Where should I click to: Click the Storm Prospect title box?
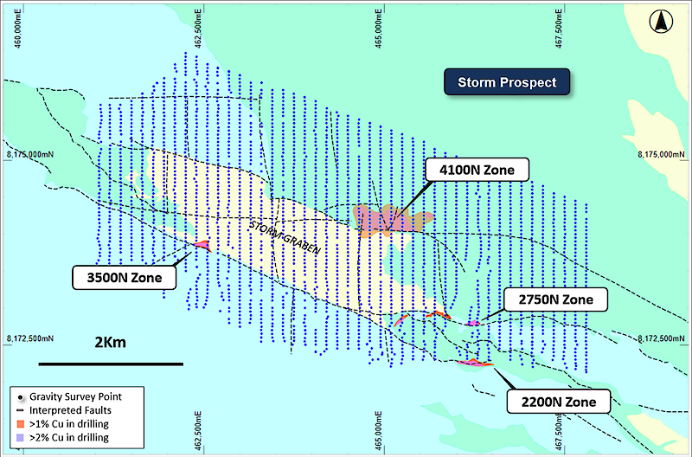pos(507,82)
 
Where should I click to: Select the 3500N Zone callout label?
pos(124,277)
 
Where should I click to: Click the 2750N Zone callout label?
pos(556,299)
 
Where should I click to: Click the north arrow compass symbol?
pos(663,19)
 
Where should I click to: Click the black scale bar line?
pos(111,363)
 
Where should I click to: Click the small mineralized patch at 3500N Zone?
pos(203,245)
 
